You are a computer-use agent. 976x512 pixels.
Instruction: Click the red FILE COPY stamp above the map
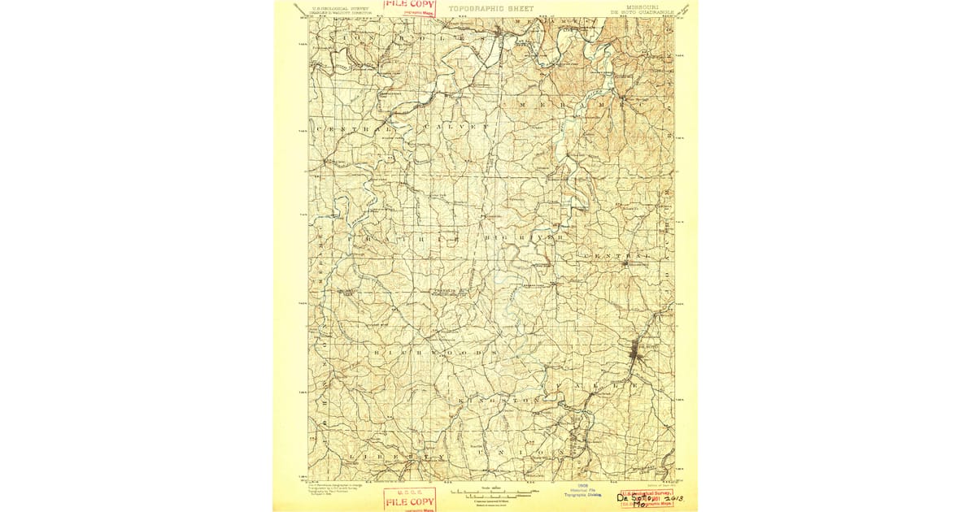(x=410, y=7)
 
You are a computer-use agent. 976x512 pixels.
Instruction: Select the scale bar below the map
(x=488, y=493)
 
